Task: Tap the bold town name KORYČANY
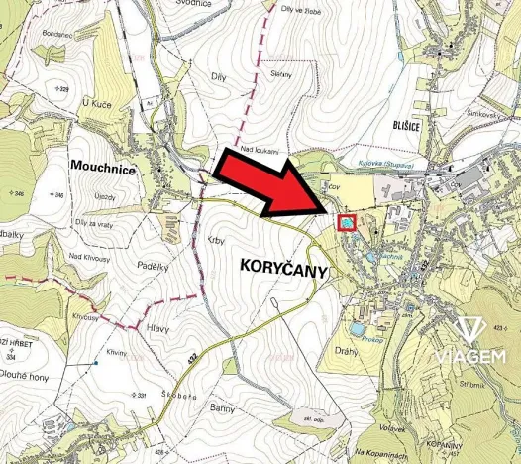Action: click(283, 267)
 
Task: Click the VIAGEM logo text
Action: click(473, 356)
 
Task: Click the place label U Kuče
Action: click(99, 102)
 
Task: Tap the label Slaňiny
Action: click(280, 72)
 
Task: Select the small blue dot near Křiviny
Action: click(96, 363)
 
